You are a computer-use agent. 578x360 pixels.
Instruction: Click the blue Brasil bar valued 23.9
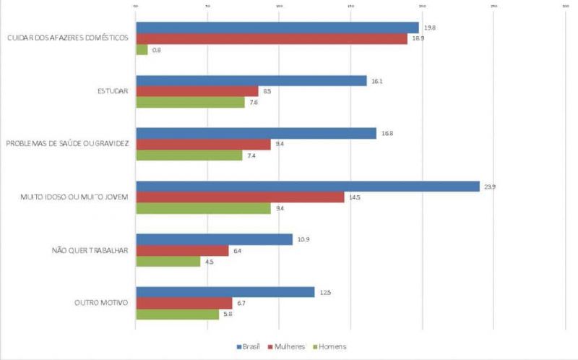pyautogui.click(x=307, y=187)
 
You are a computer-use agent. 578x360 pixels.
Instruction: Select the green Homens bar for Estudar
pyautogui.click(x=190, y=103)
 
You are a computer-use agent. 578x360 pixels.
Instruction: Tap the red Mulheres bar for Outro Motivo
pyautogui.click(x=184, y=303)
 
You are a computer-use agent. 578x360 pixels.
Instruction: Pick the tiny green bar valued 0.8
pyautogui.click(x=142, y=50)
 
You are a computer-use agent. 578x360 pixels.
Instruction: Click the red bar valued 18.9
pyautogui.click(x=271, y=39)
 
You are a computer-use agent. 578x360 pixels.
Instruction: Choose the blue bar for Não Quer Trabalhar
pyautogui.click(x=214, y=239)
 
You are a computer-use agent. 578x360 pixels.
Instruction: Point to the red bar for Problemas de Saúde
pyautogui.click(x=203, y=145)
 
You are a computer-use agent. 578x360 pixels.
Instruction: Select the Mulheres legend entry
pyautogui.click(x=287, y=347)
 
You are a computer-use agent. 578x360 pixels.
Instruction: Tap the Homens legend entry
pyautogui.click(x=329, y=347)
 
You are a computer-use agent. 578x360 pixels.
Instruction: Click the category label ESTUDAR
pyautogui.click(x=113, y=92)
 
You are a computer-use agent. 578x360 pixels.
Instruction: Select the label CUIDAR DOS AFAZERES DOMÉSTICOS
pyautogui.click(x=67, y=39)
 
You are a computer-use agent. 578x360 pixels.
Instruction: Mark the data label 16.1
pyautogui.click(x=376, y=81)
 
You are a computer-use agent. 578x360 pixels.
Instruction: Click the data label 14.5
pyautogui.click(x=354, y=197)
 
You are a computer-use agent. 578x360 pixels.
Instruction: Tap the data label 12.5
pyautogui.click(x=324, y=292)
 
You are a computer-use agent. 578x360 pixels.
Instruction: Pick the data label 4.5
pyautogui.click(x=209, y=261)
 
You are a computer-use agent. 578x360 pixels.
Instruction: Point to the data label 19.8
pyautogui.click(x=429, y=28)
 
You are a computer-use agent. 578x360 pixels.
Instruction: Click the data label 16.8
pyautogui.click(x=386, y=134)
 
